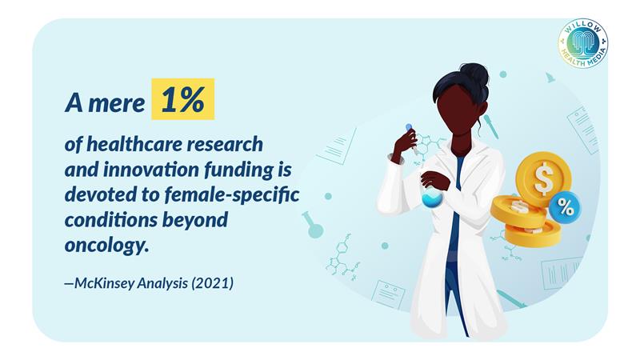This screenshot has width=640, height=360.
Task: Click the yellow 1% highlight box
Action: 183,98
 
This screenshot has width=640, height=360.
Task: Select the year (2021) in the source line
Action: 212,283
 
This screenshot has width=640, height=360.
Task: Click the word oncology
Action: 106,246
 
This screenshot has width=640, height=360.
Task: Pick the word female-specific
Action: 231,194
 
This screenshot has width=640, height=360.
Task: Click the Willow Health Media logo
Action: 583,43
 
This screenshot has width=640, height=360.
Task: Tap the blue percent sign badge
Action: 564,208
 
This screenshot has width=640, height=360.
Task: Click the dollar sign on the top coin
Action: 543,178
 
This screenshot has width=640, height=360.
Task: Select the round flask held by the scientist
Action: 432,198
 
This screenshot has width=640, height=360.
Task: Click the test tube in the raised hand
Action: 411,139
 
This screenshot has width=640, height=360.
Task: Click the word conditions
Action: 110,221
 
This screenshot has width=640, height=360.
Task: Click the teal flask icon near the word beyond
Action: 313,225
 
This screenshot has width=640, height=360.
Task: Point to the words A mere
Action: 105,102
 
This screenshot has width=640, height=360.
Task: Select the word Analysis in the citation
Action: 162,283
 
